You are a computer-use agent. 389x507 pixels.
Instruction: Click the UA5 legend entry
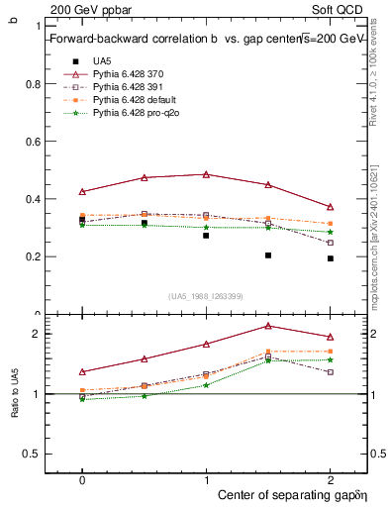click(102, 60)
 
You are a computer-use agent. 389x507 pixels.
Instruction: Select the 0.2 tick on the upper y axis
click(33, 256)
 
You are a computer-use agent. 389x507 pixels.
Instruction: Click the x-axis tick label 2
click(330, 478)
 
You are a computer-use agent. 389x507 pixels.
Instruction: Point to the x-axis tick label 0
click(82, 478)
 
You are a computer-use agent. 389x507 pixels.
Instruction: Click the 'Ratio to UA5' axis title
click(13, 394)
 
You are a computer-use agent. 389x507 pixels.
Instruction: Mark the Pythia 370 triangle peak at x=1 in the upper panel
click(206, 174)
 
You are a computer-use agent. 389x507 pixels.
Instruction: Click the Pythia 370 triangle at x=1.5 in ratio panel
click(268, 326)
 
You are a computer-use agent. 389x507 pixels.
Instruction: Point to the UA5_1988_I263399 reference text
click(206, 296)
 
